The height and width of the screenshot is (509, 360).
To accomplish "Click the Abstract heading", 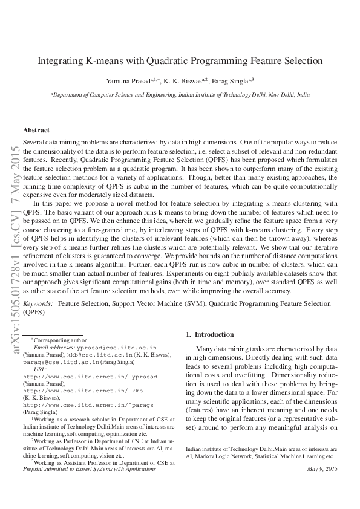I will click(x=36, y=130).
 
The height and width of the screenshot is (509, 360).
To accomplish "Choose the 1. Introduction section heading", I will click(x=209, y=334).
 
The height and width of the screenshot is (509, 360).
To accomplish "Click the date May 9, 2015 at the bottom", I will click(x=322, y=469).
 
